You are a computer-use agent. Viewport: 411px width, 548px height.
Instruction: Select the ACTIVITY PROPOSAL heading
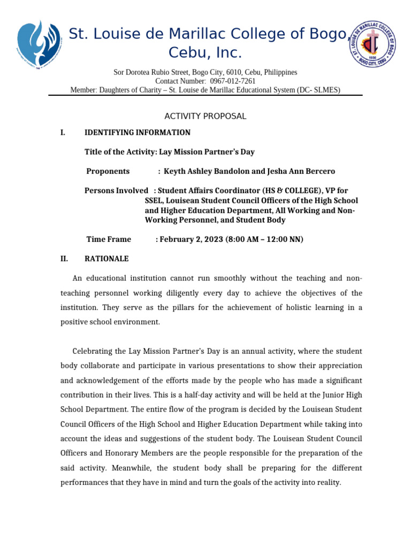tap(205, 116)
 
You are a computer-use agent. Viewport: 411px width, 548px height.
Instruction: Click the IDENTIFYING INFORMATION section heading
tap(138, 133)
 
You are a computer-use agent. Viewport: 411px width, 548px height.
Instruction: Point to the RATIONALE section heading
tap(106, 258)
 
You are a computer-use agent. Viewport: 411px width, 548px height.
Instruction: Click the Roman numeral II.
tap(64, 258)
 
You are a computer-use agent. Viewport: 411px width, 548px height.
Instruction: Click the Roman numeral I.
tap(63, 133)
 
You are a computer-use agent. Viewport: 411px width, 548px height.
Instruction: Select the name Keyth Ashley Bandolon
tap(205, 171)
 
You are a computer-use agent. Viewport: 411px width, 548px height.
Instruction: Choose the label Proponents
tap(108, 171)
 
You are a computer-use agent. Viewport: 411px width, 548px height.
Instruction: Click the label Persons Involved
tap(116, 191)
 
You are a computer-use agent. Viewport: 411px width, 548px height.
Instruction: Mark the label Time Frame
tap(109, 239)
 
